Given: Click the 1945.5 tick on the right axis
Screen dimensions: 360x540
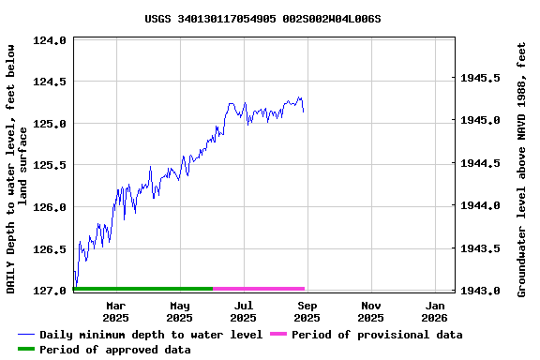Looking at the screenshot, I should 480,78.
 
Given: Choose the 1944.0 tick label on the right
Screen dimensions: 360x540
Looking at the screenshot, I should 480,205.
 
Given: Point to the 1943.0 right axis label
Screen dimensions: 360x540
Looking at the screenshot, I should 480,291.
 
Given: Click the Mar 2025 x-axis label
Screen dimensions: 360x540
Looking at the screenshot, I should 116,311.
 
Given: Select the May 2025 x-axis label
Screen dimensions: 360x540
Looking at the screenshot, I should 180,311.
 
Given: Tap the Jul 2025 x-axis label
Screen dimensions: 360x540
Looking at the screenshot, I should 244,311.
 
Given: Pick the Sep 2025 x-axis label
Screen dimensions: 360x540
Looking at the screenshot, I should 307,311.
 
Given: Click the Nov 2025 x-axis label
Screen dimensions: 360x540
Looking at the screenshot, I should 371,311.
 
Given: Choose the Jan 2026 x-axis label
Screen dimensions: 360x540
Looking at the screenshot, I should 436,311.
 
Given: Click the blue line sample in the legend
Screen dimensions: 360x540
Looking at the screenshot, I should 26,335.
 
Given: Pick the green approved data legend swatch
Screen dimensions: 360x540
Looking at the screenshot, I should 26,350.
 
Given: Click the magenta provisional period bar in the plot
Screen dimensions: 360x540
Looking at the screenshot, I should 259,289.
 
